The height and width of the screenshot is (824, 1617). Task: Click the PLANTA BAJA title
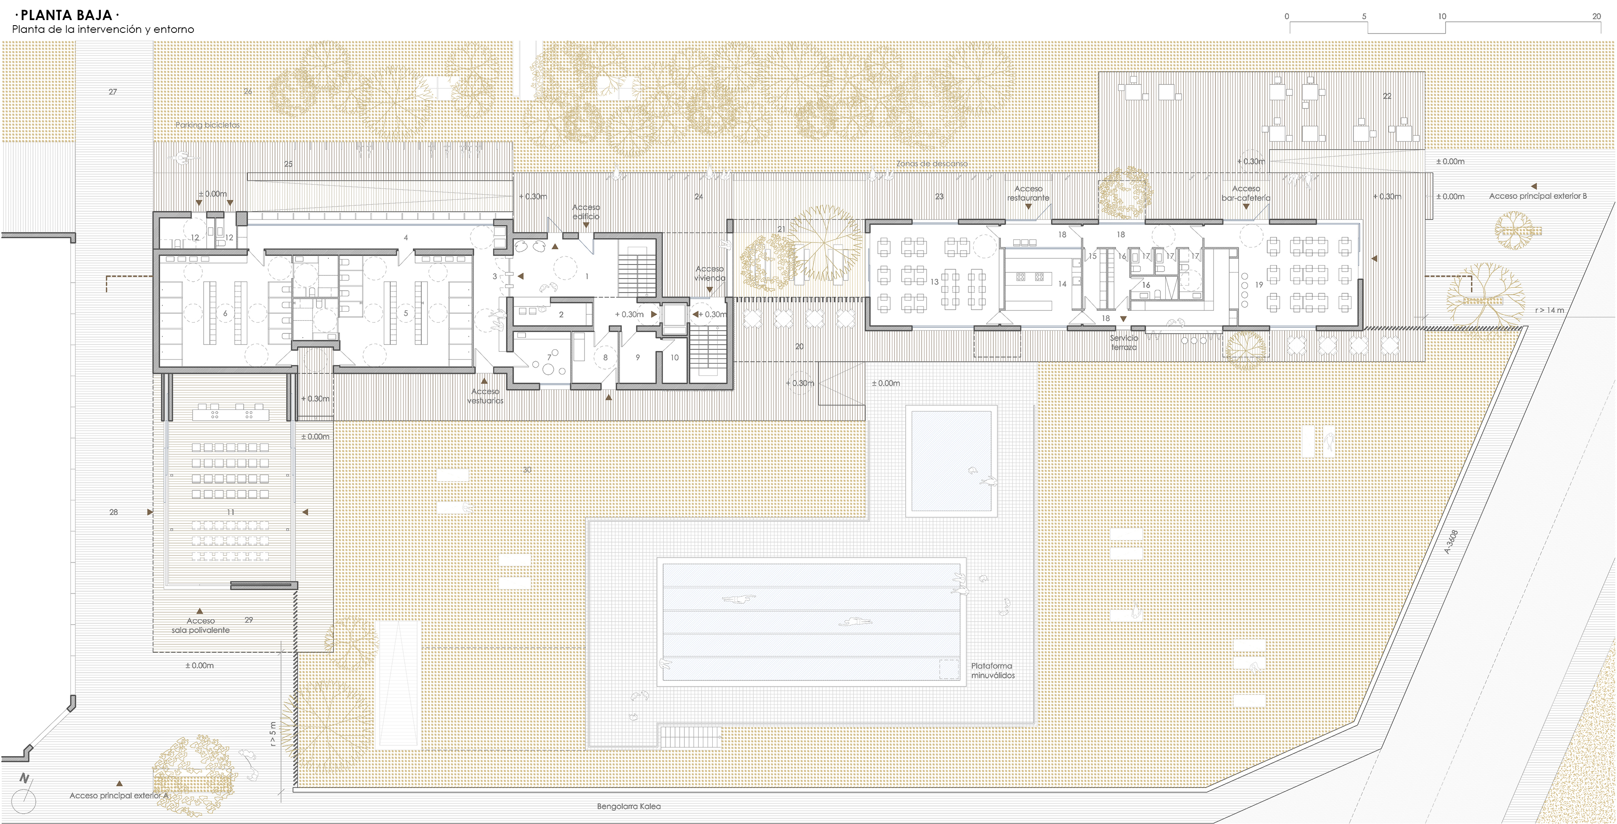point(65,15)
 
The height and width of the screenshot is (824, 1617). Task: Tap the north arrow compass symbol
point(24,798)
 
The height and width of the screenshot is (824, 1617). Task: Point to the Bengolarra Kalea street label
point(629,806)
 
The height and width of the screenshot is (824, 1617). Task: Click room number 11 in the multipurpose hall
point(231,512)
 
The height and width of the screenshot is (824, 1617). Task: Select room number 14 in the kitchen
point(1062,283)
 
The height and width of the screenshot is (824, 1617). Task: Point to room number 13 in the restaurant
point(935,282)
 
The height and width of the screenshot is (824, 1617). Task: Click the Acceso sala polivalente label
point(199,625)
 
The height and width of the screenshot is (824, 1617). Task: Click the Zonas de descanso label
point(932,163)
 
